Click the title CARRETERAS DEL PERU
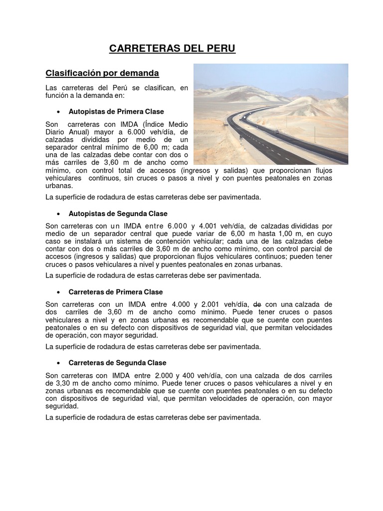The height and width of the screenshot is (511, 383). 172,48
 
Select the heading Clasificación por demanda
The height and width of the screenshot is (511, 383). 102,73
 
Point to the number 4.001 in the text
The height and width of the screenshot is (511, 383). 211,227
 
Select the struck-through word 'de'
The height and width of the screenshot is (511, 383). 258,304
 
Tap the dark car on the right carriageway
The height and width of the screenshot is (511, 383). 276,132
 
